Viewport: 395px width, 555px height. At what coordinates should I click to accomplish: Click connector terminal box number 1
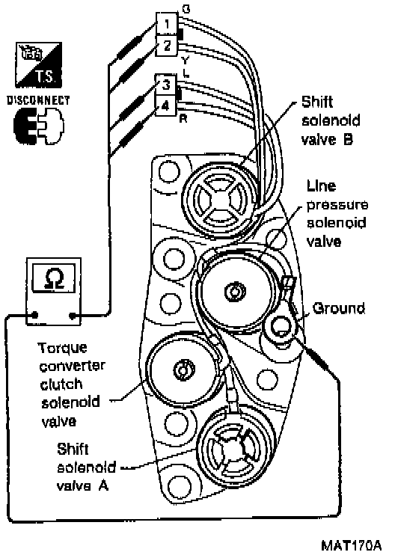click(166, 24)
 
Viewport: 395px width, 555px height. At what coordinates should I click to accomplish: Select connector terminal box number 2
click(166, 46)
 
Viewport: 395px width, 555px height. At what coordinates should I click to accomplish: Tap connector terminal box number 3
click(165, 85)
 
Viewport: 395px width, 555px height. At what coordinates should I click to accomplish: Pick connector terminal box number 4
click(165, 105)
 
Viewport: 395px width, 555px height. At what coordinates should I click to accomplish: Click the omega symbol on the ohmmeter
click(54, 278)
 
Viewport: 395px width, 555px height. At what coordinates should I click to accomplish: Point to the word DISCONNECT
click(39, 100)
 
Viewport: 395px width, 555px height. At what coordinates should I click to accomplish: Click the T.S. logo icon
click(39, 65)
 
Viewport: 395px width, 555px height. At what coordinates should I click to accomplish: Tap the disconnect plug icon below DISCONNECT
click(39, 126)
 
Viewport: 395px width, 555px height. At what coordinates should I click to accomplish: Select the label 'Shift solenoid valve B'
click(331, 120)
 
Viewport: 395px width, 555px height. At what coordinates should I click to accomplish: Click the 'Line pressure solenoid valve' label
click(337, 214)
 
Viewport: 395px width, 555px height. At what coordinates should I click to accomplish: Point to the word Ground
click(339, 309)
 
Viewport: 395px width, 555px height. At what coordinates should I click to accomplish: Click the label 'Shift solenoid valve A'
click(86, 467)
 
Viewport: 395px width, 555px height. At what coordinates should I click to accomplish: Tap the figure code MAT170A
click(352, 545)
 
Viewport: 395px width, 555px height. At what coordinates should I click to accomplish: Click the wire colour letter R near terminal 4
click(183, 119)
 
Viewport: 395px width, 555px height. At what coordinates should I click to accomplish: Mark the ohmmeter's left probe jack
click(34, 314)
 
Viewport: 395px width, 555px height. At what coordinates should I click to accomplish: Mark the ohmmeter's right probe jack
click(73, 315)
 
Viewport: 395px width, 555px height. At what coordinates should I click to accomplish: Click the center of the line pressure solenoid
click(234, 291)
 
